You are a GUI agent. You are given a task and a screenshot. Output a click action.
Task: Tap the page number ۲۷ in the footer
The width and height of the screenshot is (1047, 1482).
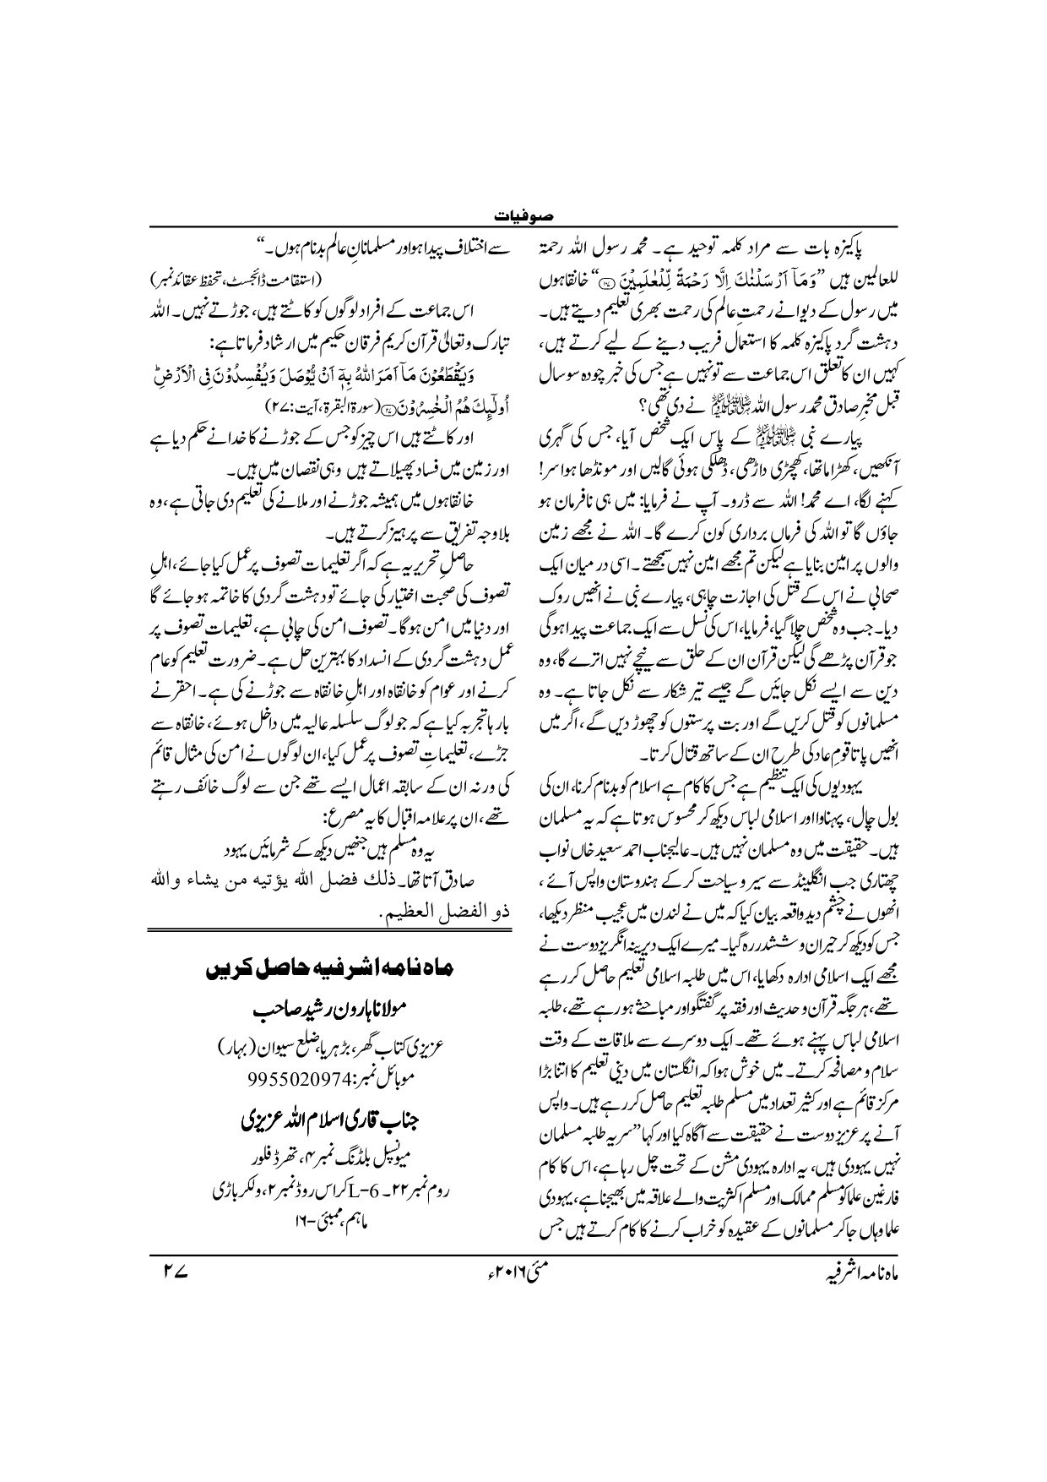point(181,1265)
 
